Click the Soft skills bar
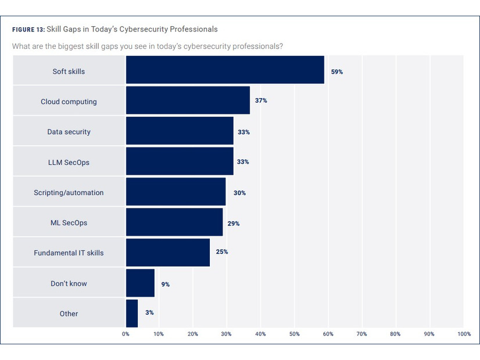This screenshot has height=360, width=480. click(x=225, y=71)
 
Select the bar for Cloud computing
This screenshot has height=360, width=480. click(x=188, y=101)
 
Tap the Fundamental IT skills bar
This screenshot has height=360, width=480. click(x=168, y=253)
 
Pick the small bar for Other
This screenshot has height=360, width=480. click(x=132, y=313)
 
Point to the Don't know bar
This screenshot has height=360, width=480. click(x=140, y=283)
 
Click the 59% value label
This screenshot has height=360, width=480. click(x=337, y=72)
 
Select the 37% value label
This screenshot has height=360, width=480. click(x=261, y=100)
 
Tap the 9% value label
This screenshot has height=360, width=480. click(x=166, y=285)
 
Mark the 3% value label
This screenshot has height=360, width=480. click(x=149, y=313)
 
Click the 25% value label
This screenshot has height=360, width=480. click(x=222, y=252)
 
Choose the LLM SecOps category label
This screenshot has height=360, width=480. click(x=69, y=163)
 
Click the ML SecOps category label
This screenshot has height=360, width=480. click(x=69, y=223)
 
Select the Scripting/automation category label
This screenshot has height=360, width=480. click(x=69, y=193)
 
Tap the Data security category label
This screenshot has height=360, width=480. click(x=69, y=132)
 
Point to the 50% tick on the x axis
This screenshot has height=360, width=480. click(x=295, y=334)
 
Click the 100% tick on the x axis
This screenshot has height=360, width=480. click(x=464, y=334)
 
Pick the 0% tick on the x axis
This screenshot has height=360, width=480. click(x=126, y=334)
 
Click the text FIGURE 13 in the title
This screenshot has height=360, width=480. click(x=28, y=30)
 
